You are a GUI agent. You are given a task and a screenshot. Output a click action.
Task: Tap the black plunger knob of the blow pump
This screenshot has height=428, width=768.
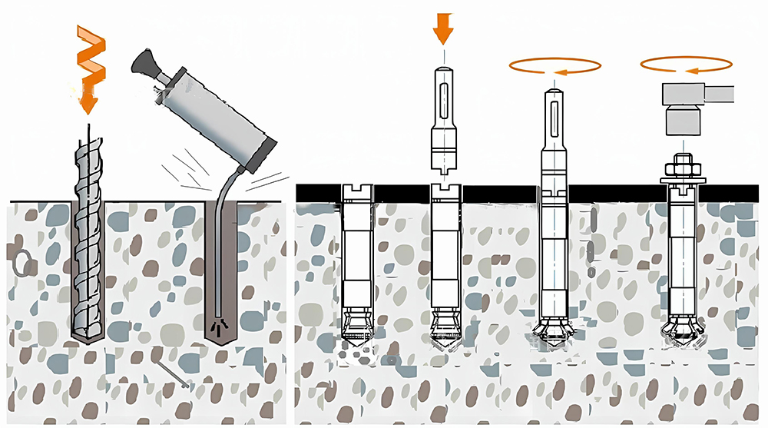143,61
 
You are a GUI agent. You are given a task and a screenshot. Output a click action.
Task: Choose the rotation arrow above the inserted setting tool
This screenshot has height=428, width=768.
554,68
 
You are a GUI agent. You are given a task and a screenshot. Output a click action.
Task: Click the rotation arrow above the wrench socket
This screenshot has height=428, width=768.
685,65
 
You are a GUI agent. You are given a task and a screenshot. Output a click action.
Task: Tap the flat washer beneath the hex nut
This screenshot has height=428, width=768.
680,180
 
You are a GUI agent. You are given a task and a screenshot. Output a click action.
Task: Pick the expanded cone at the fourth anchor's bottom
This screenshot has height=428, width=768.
680,328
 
